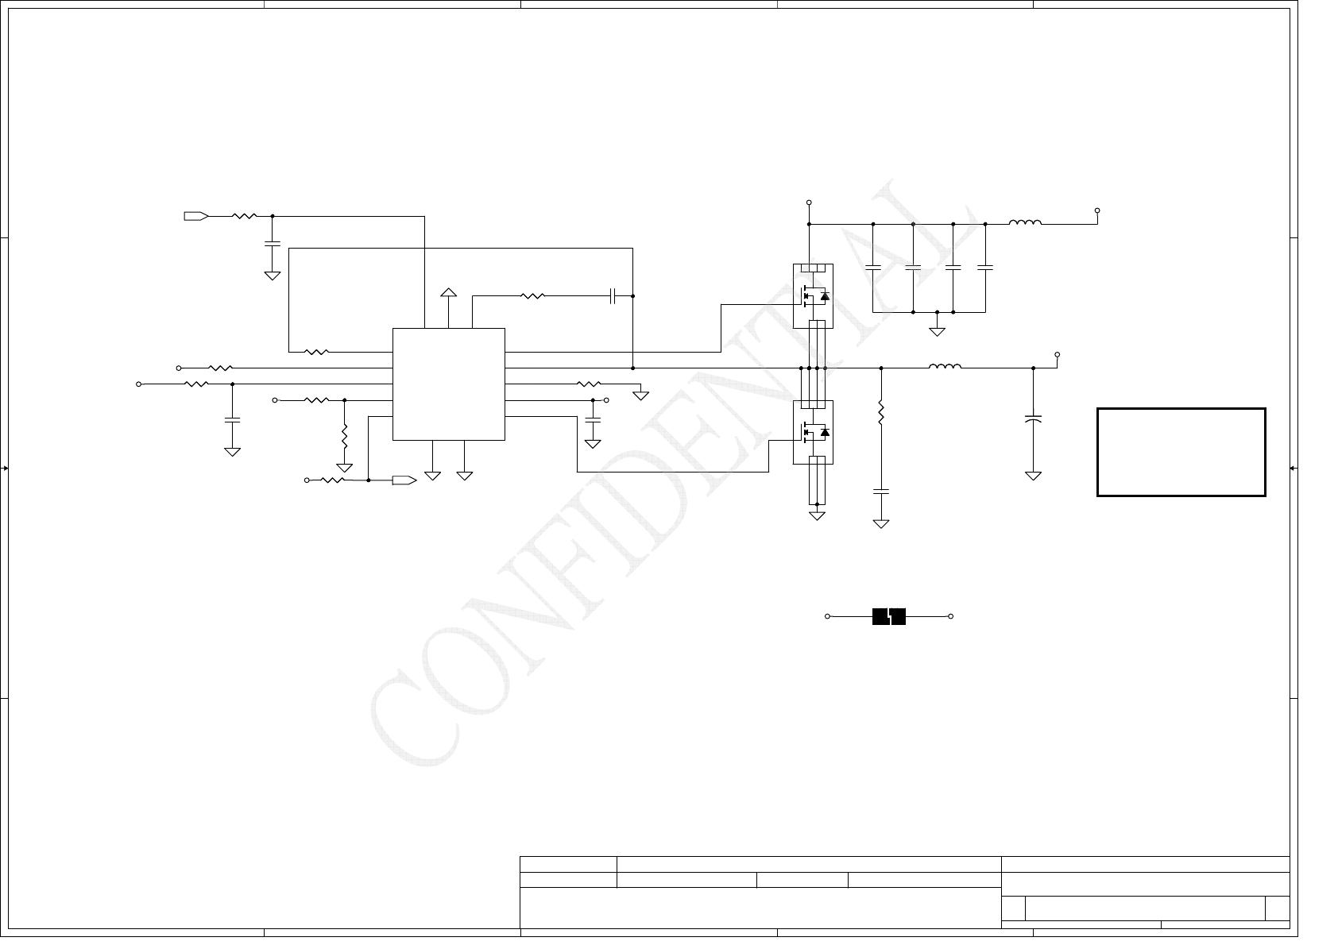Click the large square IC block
tap(449, 384)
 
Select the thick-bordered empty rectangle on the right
tap(1181, 452)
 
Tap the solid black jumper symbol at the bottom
tap(889, 616)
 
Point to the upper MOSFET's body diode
tap(824, 296)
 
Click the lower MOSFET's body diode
tap(824, 432)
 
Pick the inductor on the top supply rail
tap(1025, 223)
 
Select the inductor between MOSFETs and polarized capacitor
tap(945, 367)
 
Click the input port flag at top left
tap(195, 215)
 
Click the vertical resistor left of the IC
tap(344, 435)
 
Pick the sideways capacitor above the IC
tap(613, 296)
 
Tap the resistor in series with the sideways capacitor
tap(532, 296)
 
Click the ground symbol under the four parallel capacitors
tap(938, 330)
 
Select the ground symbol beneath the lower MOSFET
tap(817, 516)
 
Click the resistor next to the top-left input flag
tap(244, 215)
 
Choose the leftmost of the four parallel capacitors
tap(872, 268)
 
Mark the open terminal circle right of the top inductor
tap(1097, 211)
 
